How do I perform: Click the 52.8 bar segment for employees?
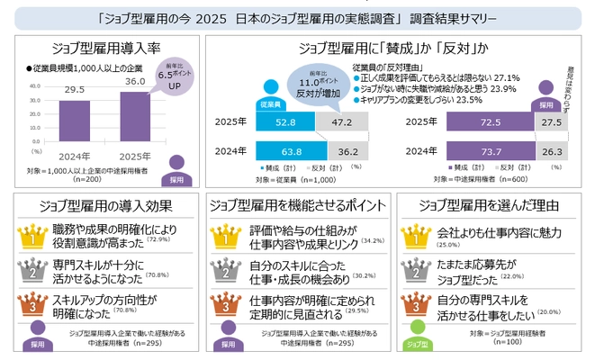285,121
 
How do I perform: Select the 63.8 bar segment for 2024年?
291,149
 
